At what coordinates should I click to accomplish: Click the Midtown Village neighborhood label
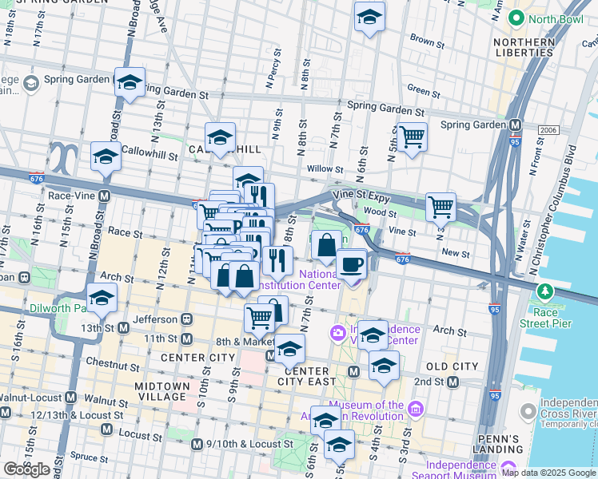click(x=162, y=392)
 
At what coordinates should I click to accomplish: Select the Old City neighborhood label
click(x=447, y=366)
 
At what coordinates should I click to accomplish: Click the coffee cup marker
click(x=351, y=265)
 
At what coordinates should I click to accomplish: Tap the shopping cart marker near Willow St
click(x=412, y=137)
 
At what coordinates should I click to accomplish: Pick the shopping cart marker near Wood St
click(x=441, y=208)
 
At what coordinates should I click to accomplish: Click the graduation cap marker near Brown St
click(x=369, y=17)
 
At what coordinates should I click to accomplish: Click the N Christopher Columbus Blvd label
click(x=552, y=200)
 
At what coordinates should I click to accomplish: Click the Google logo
click(x=27, y=469)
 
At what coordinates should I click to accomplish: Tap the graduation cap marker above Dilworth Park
click(x=102, y=299)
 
